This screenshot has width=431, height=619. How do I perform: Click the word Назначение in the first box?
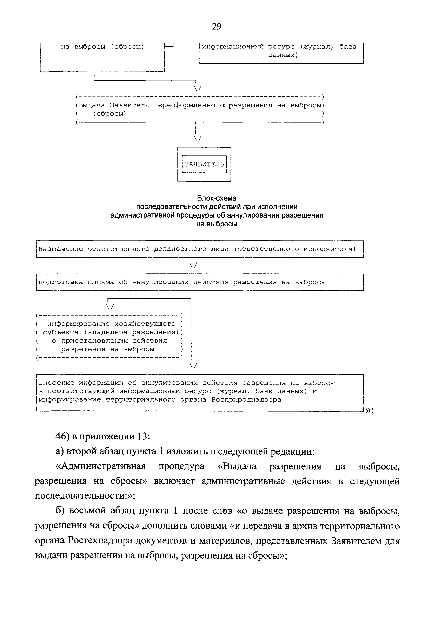pyautogui.click(x=61, y=249)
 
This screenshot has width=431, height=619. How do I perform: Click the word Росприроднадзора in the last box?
pyautogui.click(x=246, y=399)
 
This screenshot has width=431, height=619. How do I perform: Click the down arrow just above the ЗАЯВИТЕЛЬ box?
pyautogui.click(x=197, y=138)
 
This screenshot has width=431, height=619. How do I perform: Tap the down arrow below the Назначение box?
pyautogui.click(x=193, y=266)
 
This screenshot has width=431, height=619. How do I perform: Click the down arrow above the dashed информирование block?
pyautogui.click(x=110, y=307)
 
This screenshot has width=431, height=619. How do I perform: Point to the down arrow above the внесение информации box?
pyautogui.click(x=193, y=366)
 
